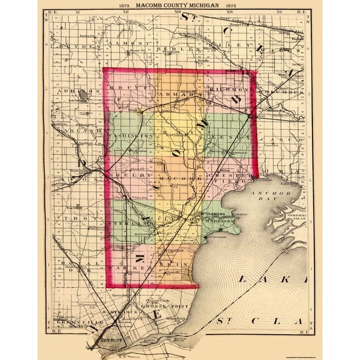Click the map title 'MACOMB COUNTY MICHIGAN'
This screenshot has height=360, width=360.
(x=180, y=6)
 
